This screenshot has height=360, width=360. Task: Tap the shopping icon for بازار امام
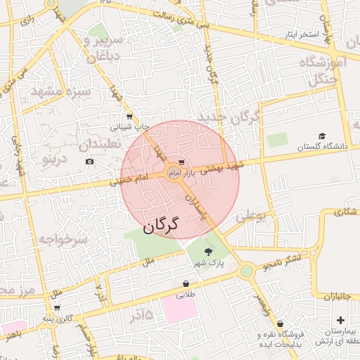pos(181,162)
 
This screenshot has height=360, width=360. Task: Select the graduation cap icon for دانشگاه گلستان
pos(322,136)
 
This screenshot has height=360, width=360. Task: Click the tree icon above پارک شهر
pos(208,251)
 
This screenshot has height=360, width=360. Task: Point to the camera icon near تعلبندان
pos(89,162)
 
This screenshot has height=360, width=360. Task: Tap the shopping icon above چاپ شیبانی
pos(129,117)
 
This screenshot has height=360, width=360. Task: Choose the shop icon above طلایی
pos(185,284)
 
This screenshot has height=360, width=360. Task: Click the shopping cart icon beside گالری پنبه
pos(56,308)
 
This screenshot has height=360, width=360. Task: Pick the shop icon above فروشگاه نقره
pos(281,324)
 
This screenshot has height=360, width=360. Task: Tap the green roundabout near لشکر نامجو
pos(246,271)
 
